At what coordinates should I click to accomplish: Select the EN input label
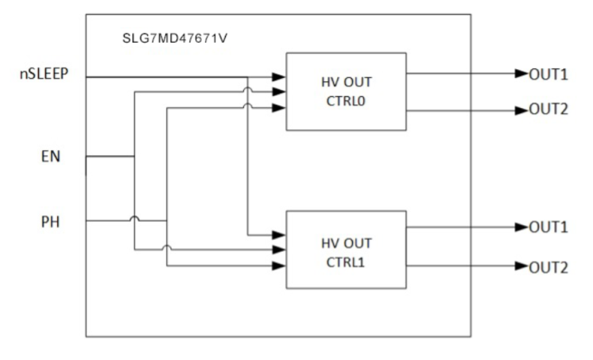50,157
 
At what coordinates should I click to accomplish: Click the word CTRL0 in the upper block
346,101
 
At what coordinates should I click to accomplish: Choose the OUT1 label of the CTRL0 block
548,75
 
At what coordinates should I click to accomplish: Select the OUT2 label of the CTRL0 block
548,109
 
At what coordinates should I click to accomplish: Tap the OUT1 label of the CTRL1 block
548,227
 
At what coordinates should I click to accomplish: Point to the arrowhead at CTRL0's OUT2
521,109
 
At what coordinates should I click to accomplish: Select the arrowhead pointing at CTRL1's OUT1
521,227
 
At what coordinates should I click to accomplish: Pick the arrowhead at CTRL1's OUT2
521,265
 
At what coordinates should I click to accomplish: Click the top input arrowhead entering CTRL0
279,77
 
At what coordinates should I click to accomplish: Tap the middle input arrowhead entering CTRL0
279,91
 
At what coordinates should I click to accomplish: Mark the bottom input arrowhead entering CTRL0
279,106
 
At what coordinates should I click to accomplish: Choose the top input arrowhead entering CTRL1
279,235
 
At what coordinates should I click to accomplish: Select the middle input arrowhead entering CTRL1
279,250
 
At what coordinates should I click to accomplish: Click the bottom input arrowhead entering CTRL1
279,265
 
